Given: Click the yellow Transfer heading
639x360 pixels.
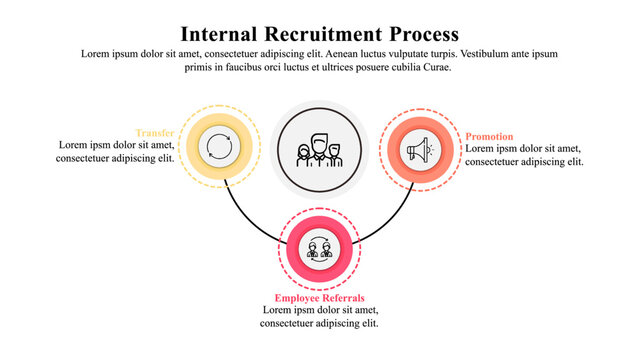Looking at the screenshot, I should click(156, 133).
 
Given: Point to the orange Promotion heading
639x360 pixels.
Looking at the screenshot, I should click(490, 136).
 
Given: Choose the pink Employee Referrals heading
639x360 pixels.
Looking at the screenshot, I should click(319, 298).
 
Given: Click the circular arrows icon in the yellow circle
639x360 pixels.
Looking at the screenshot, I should click(218, 147).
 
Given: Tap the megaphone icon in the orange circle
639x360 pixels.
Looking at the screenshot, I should click(419, 151).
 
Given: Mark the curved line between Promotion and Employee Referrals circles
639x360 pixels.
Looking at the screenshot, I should click(392, 220).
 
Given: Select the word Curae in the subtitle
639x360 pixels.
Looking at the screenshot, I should click(436, 68).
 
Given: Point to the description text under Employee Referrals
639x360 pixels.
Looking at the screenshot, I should click(319, 317).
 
